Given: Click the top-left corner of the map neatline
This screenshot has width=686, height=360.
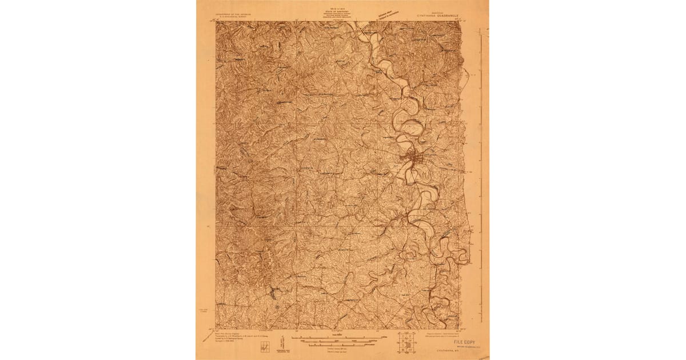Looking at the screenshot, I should tap(216, 22).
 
